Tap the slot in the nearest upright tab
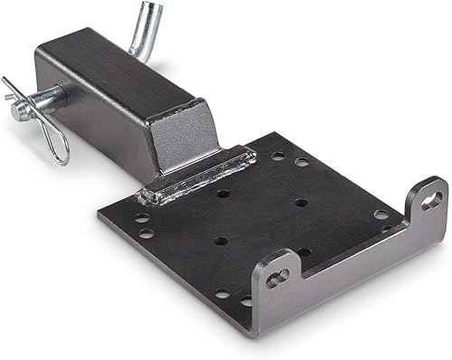276,279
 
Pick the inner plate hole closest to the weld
222,193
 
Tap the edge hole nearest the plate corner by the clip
142,218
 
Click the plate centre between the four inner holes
262,223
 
